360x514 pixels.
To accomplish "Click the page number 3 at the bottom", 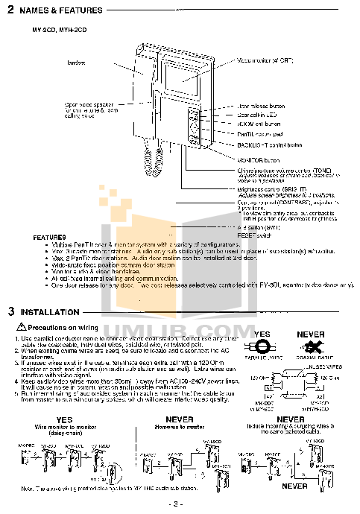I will coord(180,504).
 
